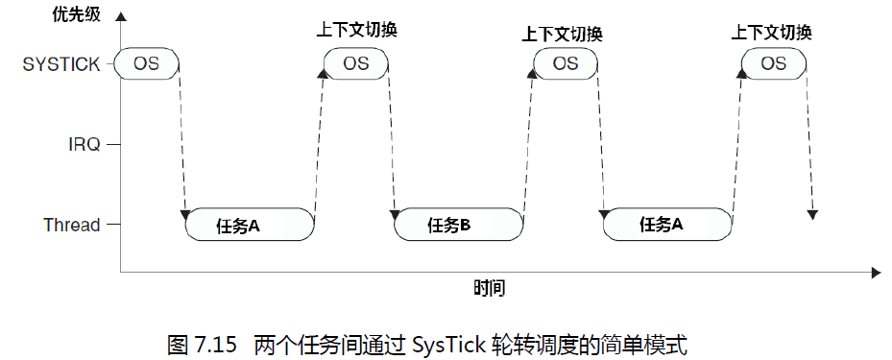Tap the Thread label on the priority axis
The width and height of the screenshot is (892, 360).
click(71, 225)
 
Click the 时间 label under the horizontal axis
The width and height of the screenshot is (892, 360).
click(489, 288)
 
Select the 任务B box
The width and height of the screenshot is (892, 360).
click(460, 226)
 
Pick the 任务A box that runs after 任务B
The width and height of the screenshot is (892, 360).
click(668, 225)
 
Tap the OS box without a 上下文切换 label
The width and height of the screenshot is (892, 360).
click(146, 64)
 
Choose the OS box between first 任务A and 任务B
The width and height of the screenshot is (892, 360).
click(356, 64)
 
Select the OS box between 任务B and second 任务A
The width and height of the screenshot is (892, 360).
click(566, 64)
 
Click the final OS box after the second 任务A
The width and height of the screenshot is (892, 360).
click(773, 64)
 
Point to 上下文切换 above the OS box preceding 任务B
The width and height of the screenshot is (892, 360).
click(356, 30)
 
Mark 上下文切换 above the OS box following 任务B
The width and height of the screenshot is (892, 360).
click(562, 34)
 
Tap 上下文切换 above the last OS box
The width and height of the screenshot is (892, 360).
click(771, 32)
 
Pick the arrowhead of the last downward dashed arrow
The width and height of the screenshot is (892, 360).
click(812, 213)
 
